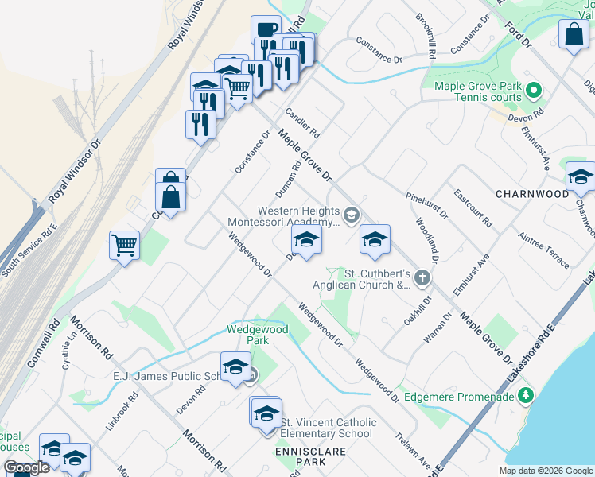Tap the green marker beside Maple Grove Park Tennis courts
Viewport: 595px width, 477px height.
coord(535,91)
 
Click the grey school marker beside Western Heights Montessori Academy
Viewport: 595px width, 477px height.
coord(350,215)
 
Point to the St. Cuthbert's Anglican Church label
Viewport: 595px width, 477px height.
coord(371,279)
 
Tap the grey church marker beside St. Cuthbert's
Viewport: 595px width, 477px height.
coord(422,278)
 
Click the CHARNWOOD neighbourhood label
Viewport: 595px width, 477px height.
coord(531,193)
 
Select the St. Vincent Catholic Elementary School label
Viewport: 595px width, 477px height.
coord(327,428)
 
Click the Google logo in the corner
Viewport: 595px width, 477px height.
coord(26,468)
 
